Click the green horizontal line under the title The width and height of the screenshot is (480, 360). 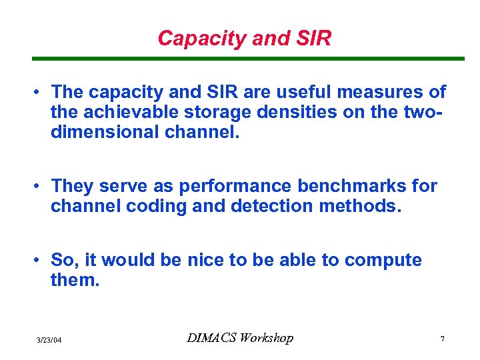[x=248, y=59]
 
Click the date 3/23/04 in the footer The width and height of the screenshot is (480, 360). [x=49, y=341]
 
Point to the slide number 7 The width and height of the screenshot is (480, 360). [x=442, y=340]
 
